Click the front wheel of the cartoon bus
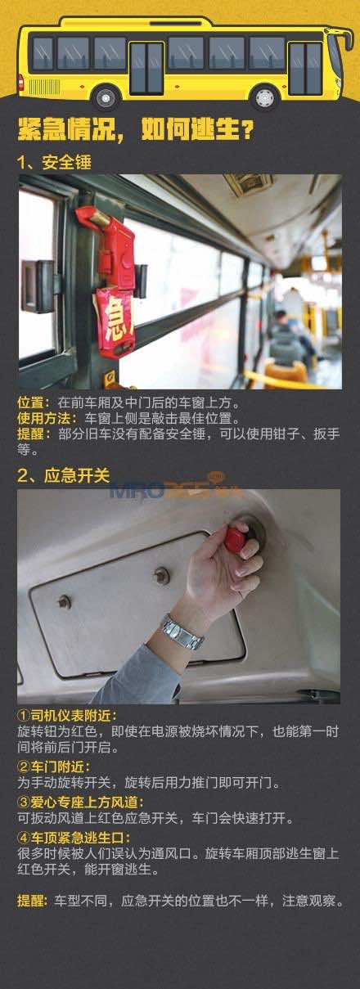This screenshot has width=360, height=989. click(x=263, y=98)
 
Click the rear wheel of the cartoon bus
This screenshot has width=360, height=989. click(x=106, y=98)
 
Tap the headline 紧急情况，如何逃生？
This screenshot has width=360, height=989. click(x=136, y=129)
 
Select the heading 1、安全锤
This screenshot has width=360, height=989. click(x=54, y=163)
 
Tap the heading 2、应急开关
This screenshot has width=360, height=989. click(x=63, y=475)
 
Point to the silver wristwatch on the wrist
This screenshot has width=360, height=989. click(x=182, y=632)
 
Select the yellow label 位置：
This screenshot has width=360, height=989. click(x=37, y=402)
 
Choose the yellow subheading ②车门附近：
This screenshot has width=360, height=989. click(x=54, y=766)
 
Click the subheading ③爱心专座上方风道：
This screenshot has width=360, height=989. click(x=80, y=802)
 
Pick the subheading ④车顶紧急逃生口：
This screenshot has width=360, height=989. click(x=74, y=837)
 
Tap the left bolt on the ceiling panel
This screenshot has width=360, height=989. click(x=65, y=601)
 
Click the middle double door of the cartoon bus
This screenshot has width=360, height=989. click(x=146, y=68)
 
